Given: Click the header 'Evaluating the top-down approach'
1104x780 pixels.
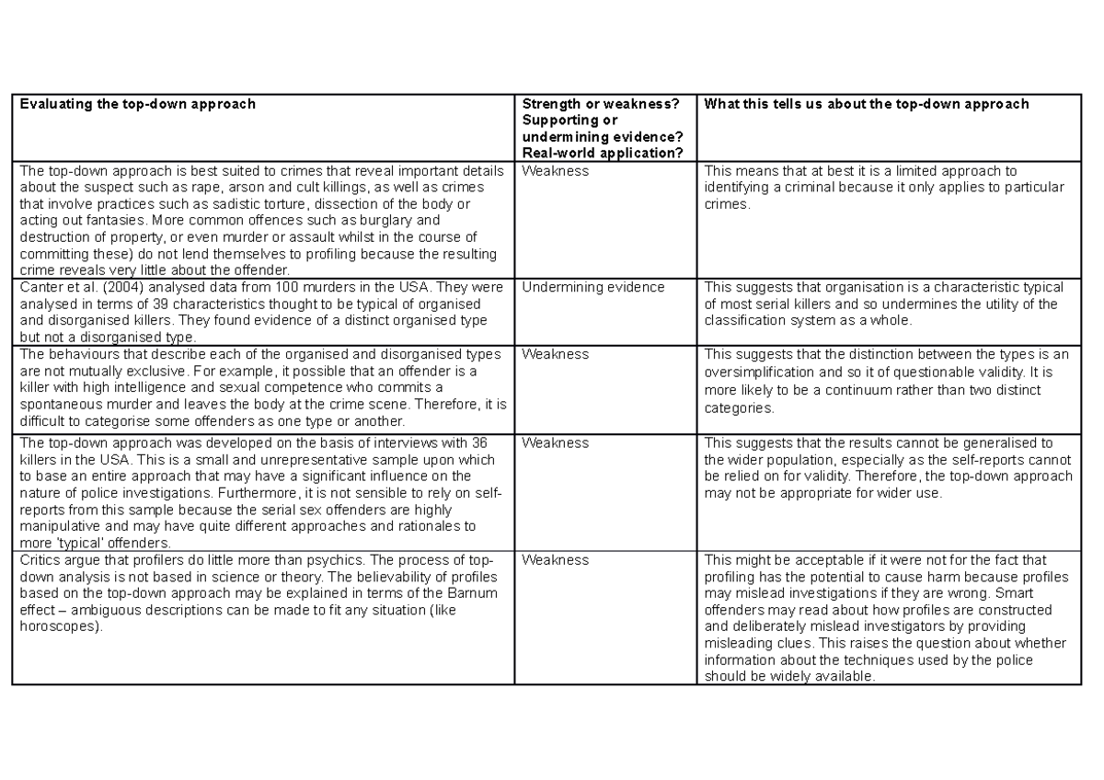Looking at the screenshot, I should point(137,104).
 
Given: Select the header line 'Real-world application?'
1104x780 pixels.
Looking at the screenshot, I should point(602,153).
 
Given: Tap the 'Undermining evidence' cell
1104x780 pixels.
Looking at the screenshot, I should point(592,287).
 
